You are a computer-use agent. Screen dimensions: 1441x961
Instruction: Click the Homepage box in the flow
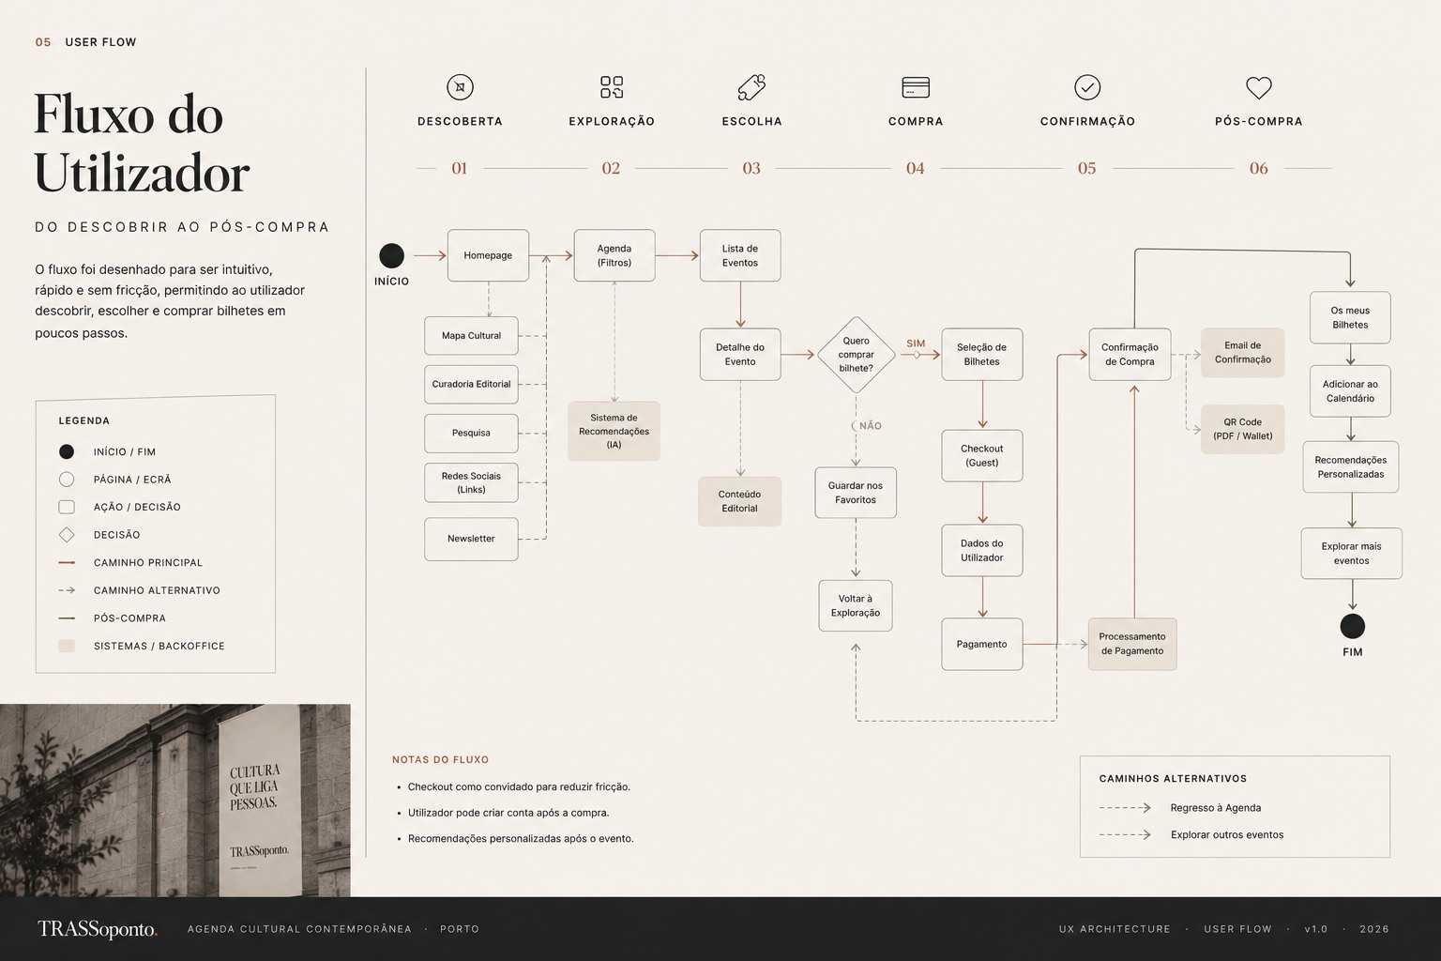(488, 255)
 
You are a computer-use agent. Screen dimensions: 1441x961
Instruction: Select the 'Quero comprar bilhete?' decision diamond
(857, 355)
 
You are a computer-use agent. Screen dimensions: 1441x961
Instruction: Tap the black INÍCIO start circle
(392, 255)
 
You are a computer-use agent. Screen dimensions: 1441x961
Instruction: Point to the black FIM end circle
(1352, 626)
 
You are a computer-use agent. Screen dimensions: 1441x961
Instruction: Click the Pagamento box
(981, 645)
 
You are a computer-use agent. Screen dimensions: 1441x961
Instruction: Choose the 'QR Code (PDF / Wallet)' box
(1243, 429)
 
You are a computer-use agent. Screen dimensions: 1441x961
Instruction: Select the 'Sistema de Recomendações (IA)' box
(614, 432)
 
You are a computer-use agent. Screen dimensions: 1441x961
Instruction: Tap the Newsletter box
(471, 539)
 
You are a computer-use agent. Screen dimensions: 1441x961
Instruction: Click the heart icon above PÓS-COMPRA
(1259, 87)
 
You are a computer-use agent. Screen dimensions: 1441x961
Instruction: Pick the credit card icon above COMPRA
(916, 87)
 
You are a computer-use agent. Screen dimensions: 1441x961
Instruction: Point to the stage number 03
(751, 169)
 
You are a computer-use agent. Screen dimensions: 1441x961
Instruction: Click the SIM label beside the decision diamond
(916, 343)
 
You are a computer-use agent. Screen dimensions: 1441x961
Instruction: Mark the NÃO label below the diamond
(871, 426)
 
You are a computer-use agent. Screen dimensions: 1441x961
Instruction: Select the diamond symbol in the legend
(67, 535)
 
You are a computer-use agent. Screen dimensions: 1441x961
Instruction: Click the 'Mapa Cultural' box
(471, 335)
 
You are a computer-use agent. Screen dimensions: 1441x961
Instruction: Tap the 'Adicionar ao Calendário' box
(1350, 391)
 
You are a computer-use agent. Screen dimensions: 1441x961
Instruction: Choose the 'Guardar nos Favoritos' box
(856, 493)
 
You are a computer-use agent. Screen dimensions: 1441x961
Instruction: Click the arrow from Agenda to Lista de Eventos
(677, 255)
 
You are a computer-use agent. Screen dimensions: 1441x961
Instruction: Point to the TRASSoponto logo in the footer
(98, 929)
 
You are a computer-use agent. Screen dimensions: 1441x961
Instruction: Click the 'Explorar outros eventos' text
(1227, 835)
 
